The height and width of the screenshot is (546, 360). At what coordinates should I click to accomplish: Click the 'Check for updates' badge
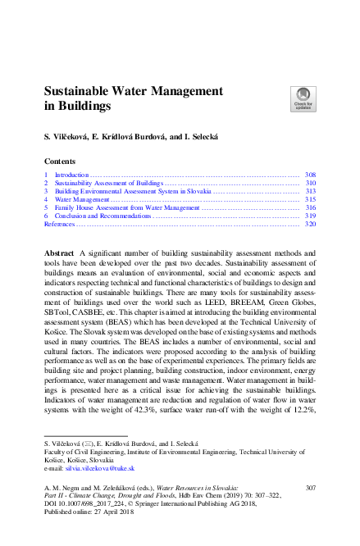tap(303, 99)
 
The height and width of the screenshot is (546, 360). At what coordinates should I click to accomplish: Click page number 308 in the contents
tap(310, 175)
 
